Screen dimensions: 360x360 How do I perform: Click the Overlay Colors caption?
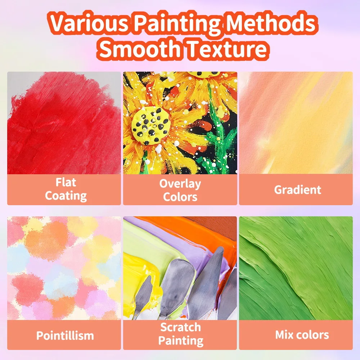(180, 190)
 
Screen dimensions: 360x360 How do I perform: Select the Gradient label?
(297, 190)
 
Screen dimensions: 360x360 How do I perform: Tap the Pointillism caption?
(65, 336)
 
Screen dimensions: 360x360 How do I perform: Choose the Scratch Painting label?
(180, 334)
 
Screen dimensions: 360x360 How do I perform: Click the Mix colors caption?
(302, 335)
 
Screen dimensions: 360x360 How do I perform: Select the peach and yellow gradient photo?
(296, 122)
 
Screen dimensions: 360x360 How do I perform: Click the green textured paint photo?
(296, 268)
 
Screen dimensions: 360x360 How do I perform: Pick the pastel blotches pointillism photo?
(64, 268)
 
